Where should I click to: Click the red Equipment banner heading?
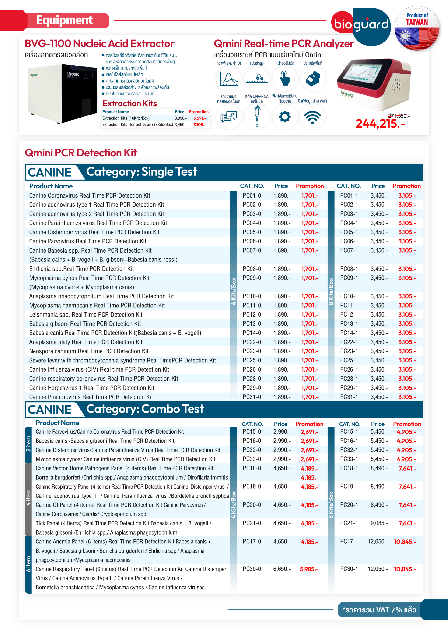click(65, 20)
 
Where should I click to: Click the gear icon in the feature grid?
click(285, 117)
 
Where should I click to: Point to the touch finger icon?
click(285, 78)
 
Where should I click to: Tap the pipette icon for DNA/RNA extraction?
click(257, 117)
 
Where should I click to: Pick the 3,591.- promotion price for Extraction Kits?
click(199, 118)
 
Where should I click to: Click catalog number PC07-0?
click(252, 250)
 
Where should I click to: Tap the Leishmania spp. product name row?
click(86, 315)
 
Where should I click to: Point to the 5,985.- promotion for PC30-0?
click(309, 569)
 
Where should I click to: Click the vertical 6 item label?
click(28, 564)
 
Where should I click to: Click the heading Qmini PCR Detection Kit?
click(81, 153)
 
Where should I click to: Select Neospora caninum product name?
click(89, 351)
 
